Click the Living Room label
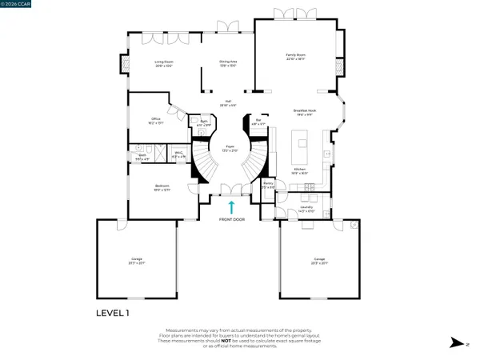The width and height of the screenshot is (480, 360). tap(164, 63)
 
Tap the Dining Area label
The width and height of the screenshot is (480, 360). tap(229, 63)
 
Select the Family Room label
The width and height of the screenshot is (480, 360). tap(296, 58)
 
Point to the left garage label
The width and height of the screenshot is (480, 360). tap(136, 260)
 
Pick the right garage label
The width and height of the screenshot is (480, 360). tap(319, 260)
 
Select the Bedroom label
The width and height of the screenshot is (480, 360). tap(162, 188)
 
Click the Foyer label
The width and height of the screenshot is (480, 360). tap(229, 149)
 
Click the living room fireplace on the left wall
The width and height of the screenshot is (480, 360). tap(124, 65)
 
